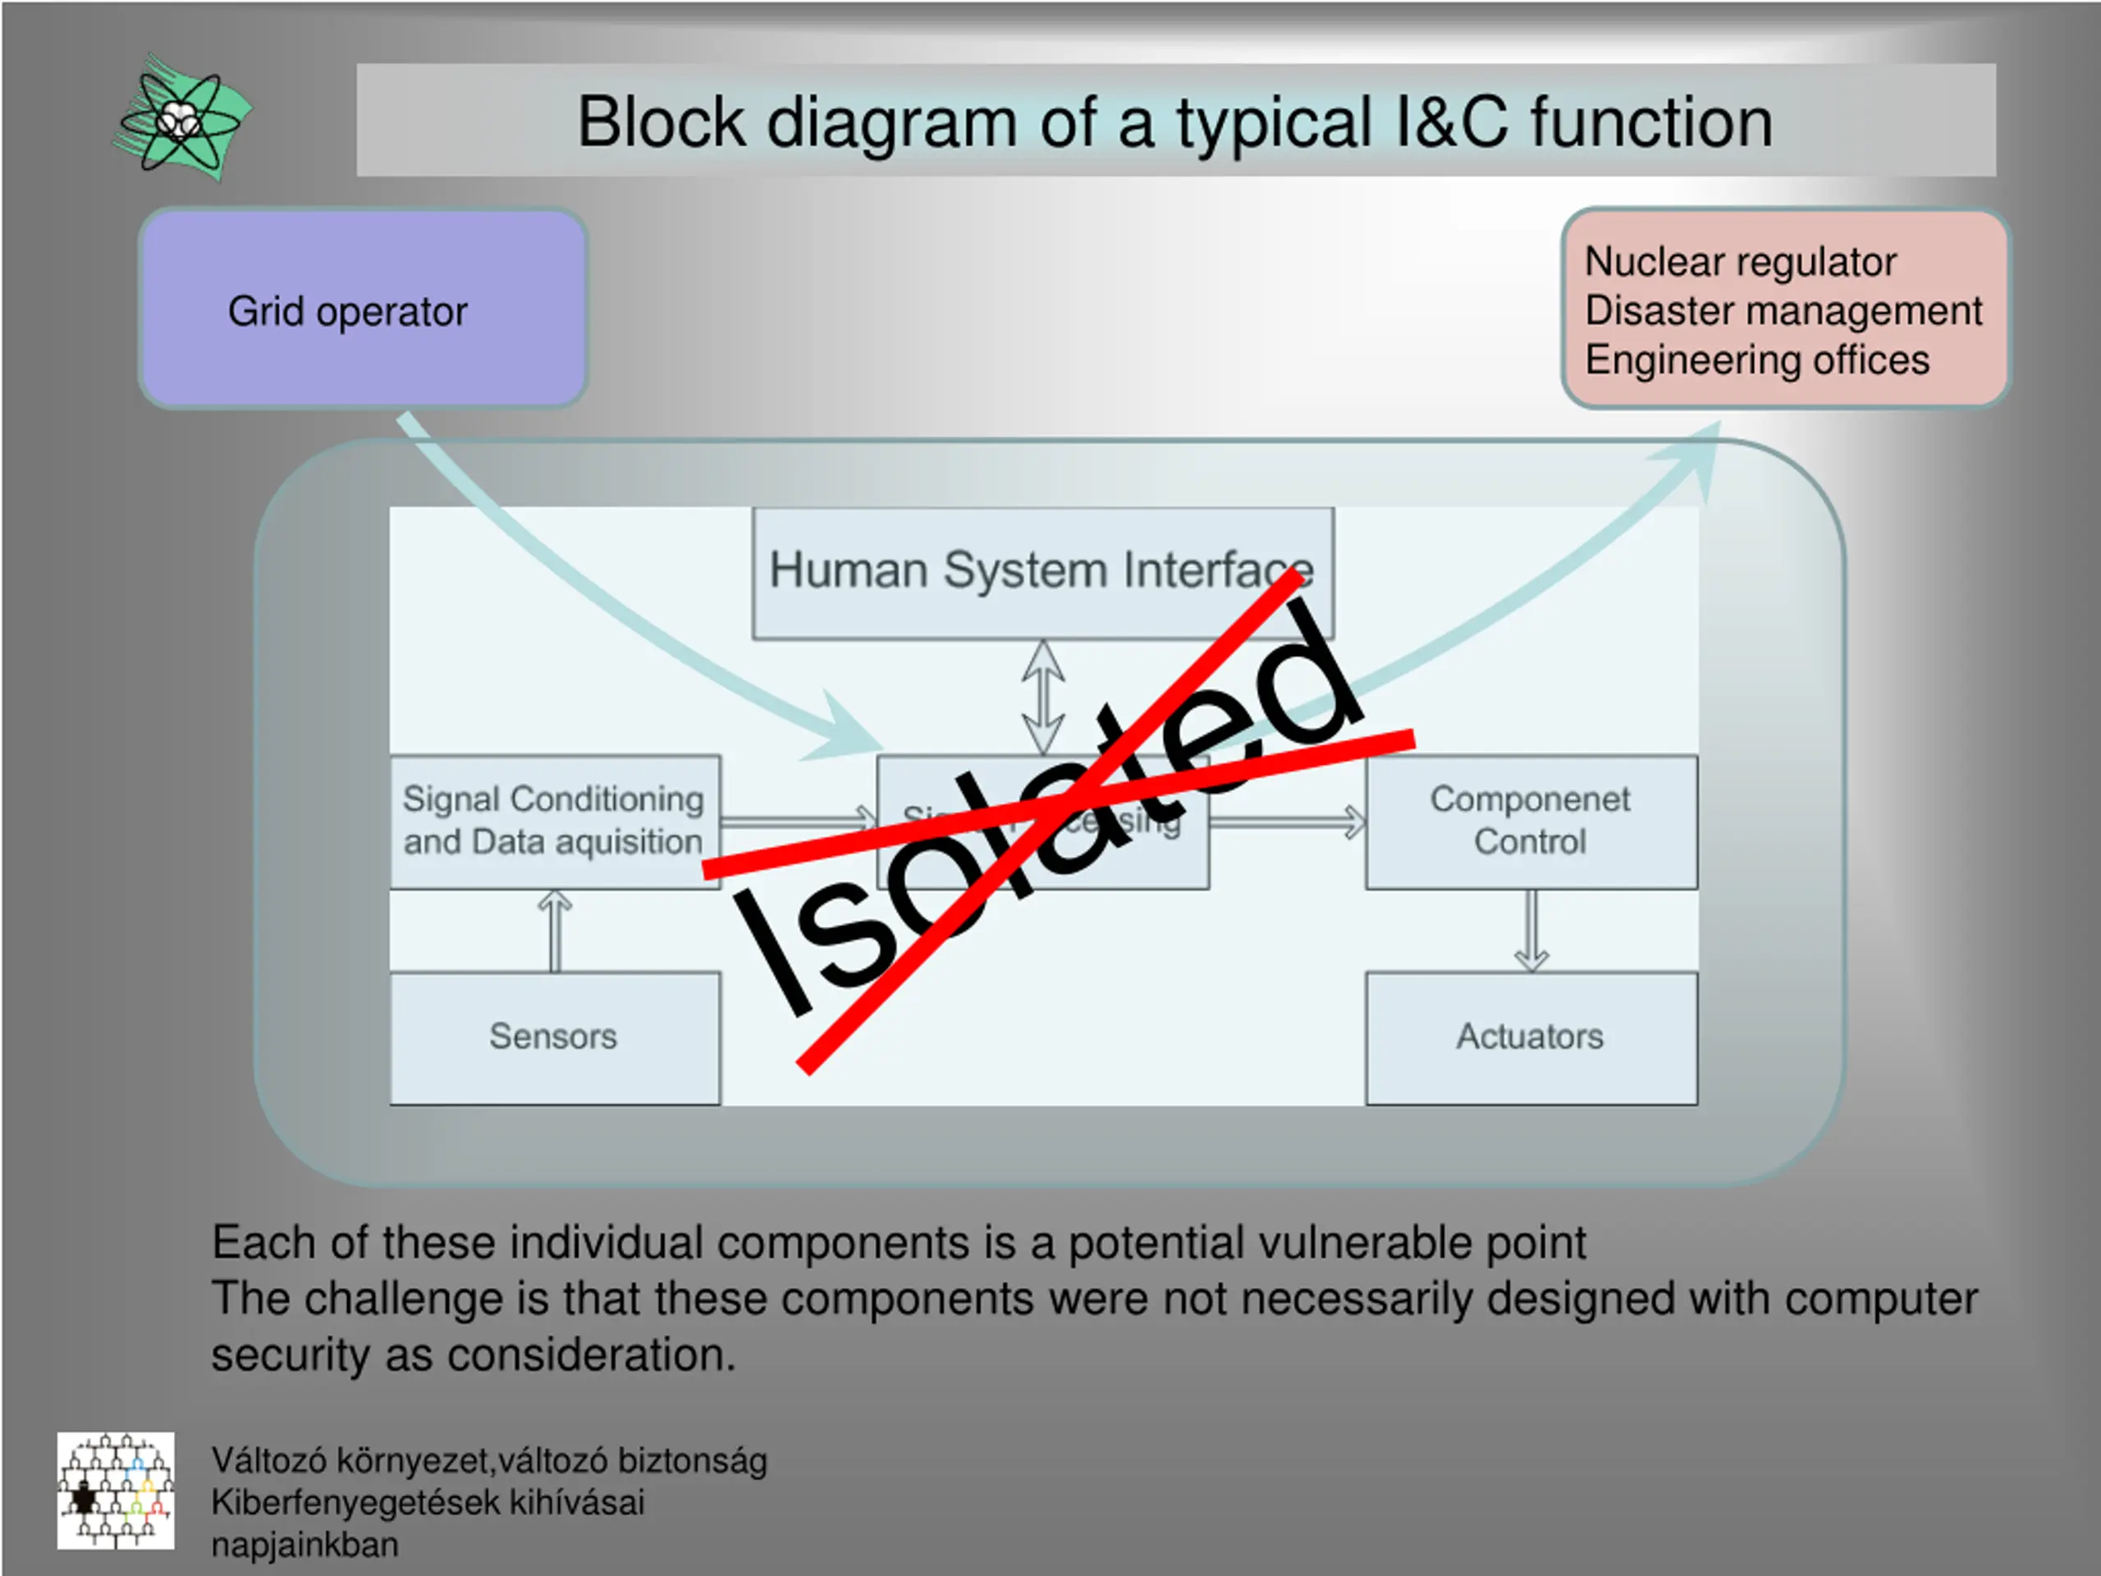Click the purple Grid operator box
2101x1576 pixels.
[363, 309]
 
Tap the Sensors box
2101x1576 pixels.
[555, 1037]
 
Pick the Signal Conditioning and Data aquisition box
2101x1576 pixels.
[555, 821]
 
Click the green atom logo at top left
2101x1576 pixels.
[181, 120]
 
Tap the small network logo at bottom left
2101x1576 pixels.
[116, 1491]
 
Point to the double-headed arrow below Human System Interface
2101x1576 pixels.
[1043, 696]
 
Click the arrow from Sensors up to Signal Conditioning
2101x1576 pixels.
[555, 931]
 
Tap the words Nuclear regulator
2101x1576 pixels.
[1740, 261]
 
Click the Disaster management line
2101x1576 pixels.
[1783, 310]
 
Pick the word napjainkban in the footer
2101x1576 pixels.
[305, 1545]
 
